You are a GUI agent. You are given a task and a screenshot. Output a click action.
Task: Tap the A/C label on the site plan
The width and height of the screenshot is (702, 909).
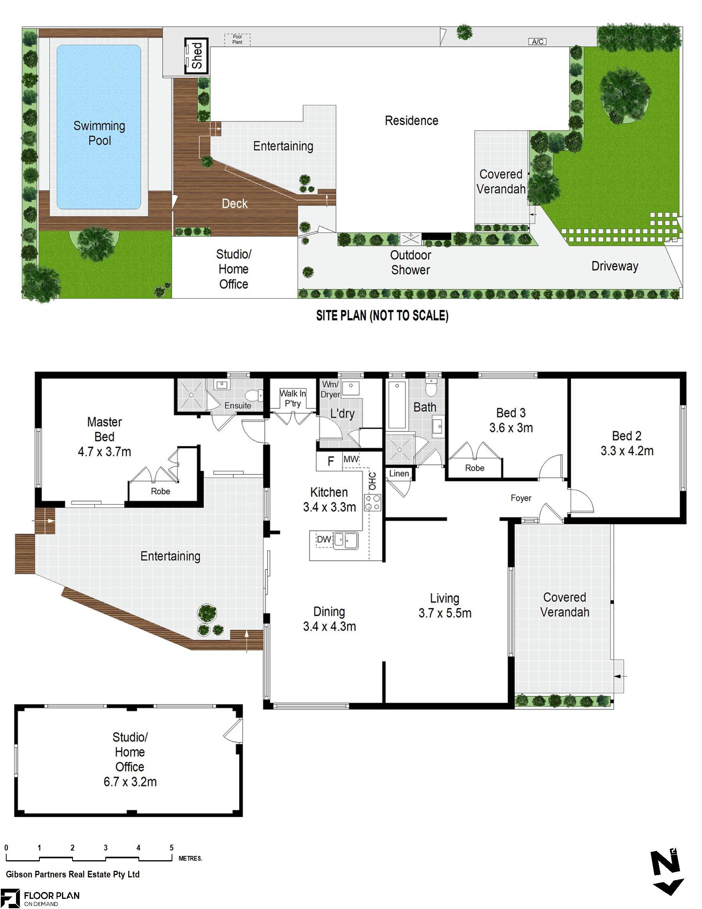click(x=537, y=42)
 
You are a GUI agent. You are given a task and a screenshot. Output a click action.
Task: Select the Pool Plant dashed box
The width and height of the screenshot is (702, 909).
click(x=237, y=39)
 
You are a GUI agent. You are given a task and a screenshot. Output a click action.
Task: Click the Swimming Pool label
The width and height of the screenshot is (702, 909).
click(x=99, y=133)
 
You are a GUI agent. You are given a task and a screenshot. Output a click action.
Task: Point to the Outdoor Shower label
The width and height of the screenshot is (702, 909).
click(x=410, y=262)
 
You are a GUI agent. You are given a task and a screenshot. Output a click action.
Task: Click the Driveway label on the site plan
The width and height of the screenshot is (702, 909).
click(x=615, y=266)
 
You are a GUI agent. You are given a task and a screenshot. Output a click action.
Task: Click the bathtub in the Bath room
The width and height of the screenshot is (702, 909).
click(x=397, y=404)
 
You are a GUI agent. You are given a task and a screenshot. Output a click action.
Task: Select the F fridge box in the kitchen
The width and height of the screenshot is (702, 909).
click(x=330, y=461)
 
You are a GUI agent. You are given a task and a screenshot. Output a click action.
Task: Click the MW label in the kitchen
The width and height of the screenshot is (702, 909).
click(x=351, y=459)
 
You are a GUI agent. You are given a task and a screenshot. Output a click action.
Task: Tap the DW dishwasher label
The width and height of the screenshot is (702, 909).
click(x=324, y=540)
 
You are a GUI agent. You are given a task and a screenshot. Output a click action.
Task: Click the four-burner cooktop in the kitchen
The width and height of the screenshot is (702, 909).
click(x=372, y=502)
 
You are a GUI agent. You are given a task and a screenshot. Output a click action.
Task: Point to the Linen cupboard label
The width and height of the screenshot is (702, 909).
click(x=399, y=473)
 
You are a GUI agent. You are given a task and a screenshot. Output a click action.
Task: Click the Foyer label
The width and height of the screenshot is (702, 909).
click(x=521, y=498)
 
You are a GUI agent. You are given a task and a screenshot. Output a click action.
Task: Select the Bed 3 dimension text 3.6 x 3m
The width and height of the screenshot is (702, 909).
click(x=511, y=428)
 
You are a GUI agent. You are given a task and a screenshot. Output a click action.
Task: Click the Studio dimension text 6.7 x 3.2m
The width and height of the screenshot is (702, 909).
click(x=130, y=782)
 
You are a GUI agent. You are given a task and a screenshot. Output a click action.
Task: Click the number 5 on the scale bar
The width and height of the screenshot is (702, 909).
click(x=172, y=847)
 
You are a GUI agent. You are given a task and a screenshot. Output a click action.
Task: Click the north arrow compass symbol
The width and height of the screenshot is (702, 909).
click(x=667, y=872)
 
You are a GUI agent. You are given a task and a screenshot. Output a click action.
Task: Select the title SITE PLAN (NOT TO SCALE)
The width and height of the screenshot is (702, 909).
click(x=382, y=316)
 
